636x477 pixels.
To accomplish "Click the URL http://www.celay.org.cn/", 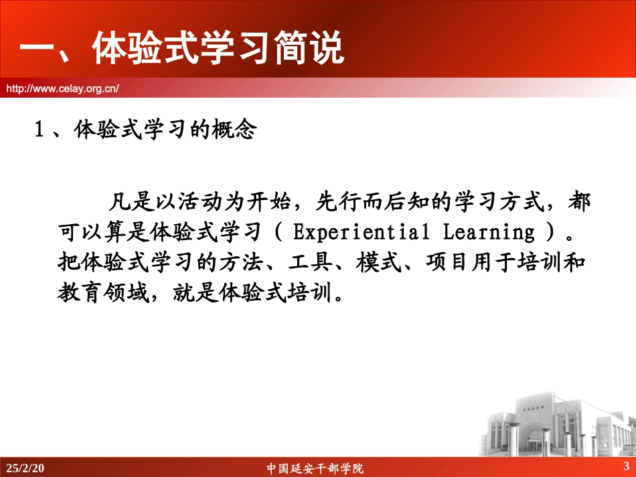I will pyautogui.click(x=62, y=87).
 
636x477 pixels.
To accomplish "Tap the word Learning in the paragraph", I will pyautogui.click(x=489, y=232).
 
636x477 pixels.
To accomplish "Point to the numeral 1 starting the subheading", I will pyautogui.click(x=39, y=129).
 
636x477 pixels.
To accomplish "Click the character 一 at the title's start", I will pyautogui.click(x=37, y=50).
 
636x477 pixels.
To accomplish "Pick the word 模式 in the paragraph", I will pyautogui.click(x=374, y=263).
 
